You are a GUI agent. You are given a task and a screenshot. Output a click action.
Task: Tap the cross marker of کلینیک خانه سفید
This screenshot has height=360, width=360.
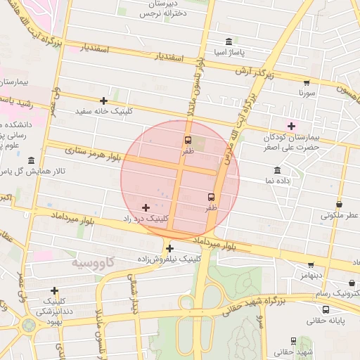tap(104, 101)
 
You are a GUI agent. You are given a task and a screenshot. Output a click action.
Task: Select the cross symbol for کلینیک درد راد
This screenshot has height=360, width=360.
tap(146, 207)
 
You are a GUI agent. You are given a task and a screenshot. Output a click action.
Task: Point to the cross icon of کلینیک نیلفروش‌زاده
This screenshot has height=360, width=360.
tap(169, 248)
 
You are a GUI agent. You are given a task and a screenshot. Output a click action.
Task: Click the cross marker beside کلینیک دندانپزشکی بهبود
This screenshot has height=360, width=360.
tap(54, 290)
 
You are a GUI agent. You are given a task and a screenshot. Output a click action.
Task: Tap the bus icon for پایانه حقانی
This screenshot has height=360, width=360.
tap(325, 309)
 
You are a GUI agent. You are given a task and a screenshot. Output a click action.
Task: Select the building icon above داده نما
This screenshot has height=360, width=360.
tap(277, 171)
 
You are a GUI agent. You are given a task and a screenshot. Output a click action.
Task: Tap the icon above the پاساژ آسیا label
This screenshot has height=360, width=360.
tap(229, 42)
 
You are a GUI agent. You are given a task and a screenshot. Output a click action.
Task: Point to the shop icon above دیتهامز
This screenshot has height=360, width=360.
tap(310, 265)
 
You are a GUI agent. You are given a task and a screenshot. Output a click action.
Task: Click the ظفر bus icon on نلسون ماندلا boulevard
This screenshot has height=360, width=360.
tap(188, 139)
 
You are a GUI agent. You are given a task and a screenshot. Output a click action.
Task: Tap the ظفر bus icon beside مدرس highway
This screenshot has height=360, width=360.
tap(211, 198)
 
